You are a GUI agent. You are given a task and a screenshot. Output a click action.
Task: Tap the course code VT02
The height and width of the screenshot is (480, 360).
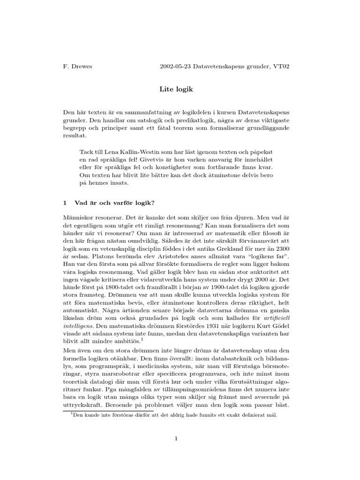point(281,67)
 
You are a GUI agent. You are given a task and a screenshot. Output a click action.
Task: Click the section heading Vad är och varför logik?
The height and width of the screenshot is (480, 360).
point(114,203)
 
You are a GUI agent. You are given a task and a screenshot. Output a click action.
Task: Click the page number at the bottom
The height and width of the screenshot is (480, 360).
point(176,439)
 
